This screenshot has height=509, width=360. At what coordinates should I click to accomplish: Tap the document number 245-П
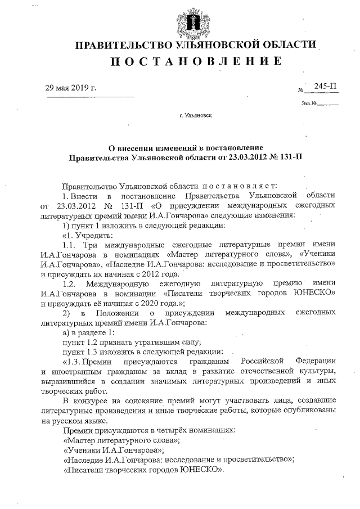[326, 86]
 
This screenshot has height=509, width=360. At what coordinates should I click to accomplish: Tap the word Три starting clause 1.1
[91, 245]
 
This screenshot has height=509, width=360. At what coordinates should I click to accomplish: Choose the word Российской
[264, 361]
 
